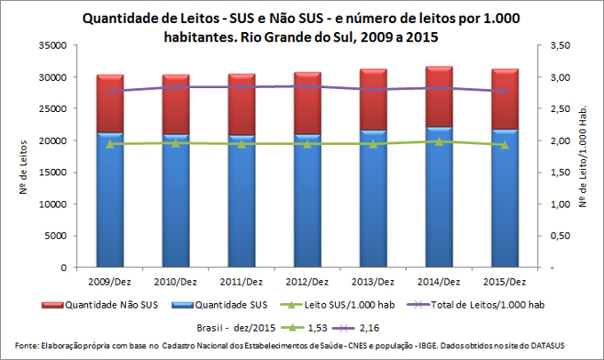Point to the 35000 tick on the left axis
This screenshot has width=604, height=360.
coord(54,45)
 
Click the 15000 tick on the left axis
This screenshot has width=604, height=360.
coord(54,172)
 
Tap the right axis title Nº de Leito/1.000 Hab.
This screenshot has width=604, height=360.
coord(586,156)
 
